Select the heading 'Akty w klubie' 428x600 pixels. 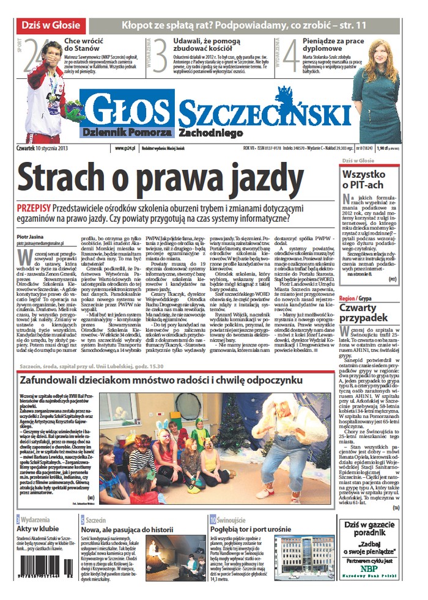click(x=37, y=529)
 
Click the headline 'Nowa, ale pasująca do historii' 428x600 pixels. click(x=128, y=529)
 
